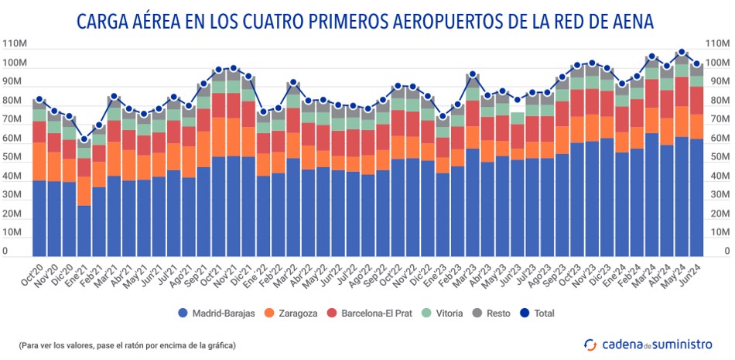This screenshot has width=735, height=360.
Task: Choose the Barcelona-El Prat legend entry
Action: pos(373,314)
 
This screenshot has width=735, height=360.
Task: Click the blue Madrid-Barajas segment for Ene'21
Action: pos(84,230)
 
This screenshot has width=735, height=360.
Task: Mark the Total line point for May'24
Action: pos(682,53)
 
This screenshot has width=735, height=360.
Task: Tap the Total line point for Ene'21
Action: pos(84,139)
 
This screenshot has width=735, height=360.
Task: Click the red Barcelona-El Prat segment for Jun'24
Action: pos(696,100)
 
